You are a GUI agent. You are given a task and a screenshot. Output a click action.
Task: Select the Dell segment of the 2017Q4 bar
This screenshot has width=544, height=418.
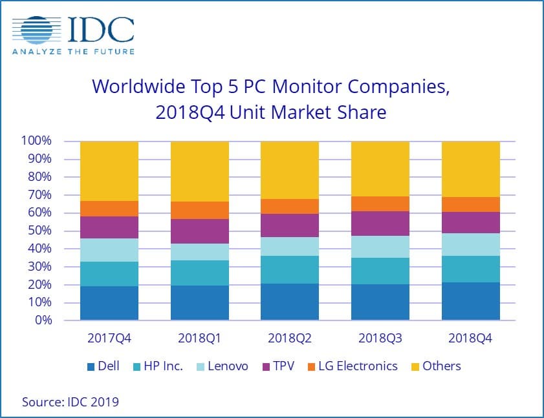tap(109, 303)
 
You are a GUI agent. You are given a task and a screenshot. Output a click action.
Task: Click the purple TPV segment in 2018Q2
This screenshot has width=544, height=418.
tap(289, 225)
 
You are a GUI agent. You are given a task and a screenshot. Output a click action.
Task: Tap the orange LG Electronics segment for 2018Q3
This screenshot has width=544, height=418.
tap(380, 204)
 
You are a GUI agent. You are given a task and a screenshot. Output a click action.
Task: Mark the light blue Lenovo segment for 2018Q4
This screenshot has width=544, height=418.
tap(470, 244)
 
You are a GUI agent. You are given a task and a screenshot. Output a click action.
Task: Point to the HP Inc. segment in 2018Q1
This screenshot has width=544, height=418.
tap(199, 273)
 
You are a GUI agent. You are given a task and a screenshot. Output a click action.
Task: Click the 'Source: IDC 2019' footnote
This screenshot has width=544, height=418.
tap(71, 402)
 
